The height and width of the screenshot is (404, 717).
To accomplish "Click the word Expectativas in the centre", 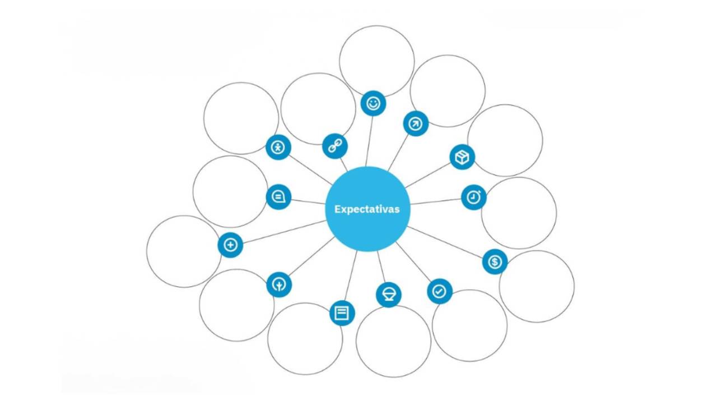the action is pos(367,209).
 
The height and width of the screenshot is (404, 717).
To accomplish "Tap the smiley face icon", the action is pos(373,103).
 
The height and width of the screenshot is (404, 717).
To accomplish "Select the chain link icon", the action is pos(335,146).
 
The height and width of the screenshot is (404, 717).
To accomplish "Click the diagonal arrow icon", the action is pos(415,123).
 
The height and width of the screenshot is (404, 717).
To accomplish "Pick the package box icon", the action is pos(462,157).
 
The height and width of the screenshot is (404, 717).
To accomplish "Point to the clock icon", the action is pos(474,197).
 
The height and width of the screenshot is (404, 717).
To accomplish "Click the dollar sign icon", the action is pos(495,261).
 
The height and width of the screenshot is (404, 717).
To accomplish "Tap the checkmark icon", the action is pos(439,291).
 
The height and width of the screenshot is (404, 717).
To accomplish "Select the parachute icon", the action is pos(389,295).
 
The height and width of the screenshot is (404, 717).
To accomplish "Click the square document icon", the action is pos(342,313).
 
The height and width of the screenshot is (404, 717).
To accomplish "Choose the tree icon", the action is pos(278,284).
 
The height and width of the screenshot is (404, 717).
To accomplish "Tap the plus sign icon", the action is pos(230,245).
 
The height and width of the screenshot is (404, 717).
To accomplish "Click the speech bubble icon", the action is pos(278,197).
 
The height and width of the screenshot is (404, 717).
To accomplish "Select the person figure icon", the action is pos(278,148).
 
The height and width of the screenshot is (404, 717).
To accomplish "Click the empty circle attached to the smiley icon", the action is pos(376,59).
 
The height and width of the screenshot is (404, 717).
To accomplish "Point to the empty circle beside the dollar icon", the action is pos(536,286).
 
